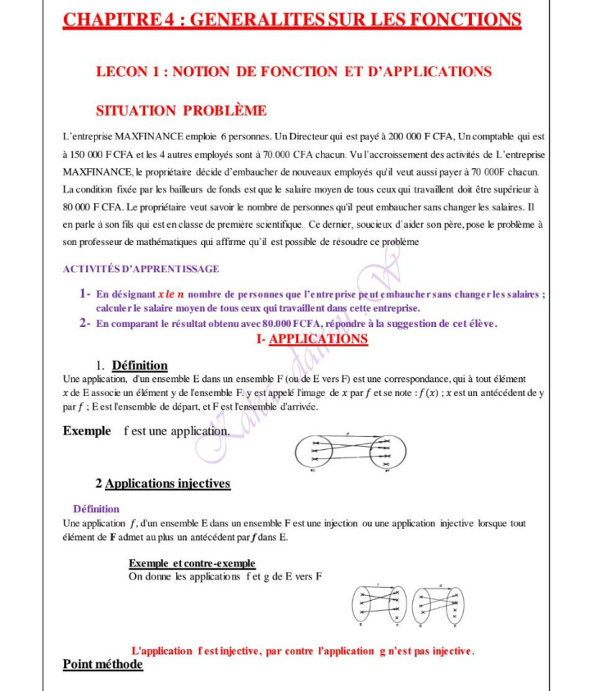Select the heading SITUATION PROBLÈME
[181, 111]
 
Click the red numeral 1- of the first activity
[84, 293]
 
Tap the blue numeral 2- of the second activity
[84, 323]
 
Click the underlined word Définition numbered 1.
[139, 366]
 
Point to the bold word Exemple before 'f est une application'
[86, 430]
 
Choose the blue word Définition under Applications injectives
[96, 509]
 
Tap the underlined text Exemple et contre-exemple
[192, 563]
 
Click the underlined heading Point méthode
[102, 664]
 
